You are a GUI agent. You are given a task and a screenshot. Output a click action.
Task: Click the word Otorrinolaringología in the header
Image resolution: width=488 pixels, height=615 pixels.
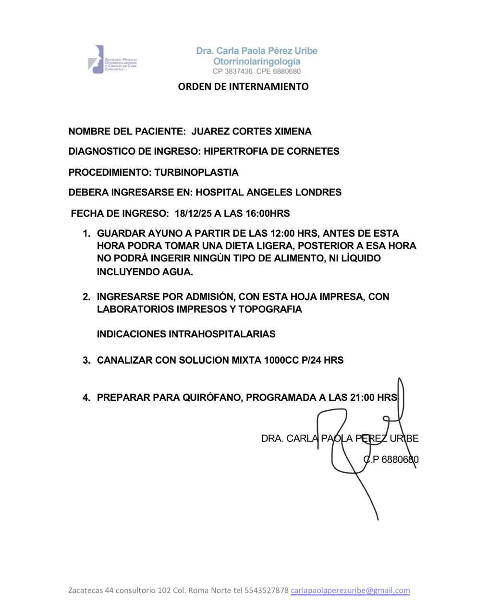click(x=257, y=61)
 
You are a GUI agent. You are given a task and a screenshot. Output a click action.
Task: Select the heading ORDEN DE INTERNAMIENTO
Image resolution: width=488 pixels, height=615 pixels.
click(x=243, y=86)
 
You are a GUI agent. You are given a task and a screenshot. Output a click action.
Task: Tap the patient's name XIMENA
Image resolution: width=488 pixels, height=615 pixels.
click(x=292, y=132)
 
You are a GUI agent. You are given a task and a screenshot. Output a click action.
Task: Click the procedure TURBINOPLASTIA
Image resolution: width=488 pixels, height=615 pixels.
click(x=196, y=172)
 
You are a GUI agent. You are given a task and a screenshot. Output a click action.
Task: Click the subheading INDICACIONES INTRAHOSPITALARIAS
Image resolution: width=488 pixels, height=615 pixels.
click(x=186, y=334)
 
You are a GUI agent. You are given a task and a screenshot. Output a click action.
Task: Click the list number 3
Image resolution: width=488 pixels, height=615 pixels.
click(x=86, y=360)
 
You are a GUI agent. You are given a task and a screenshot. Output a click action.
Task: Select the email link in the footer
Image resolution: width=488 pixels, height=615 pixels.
click(x=350, y=590)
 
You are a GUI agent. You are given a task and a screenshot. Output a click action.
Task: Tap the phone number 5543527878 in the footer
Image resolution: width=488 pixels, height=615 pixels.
click(x=267, y=590)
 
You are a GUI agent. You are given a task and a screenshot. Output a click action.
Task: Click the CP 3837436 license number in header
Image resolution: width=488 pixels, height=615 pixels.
click(x=232, y=72)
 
